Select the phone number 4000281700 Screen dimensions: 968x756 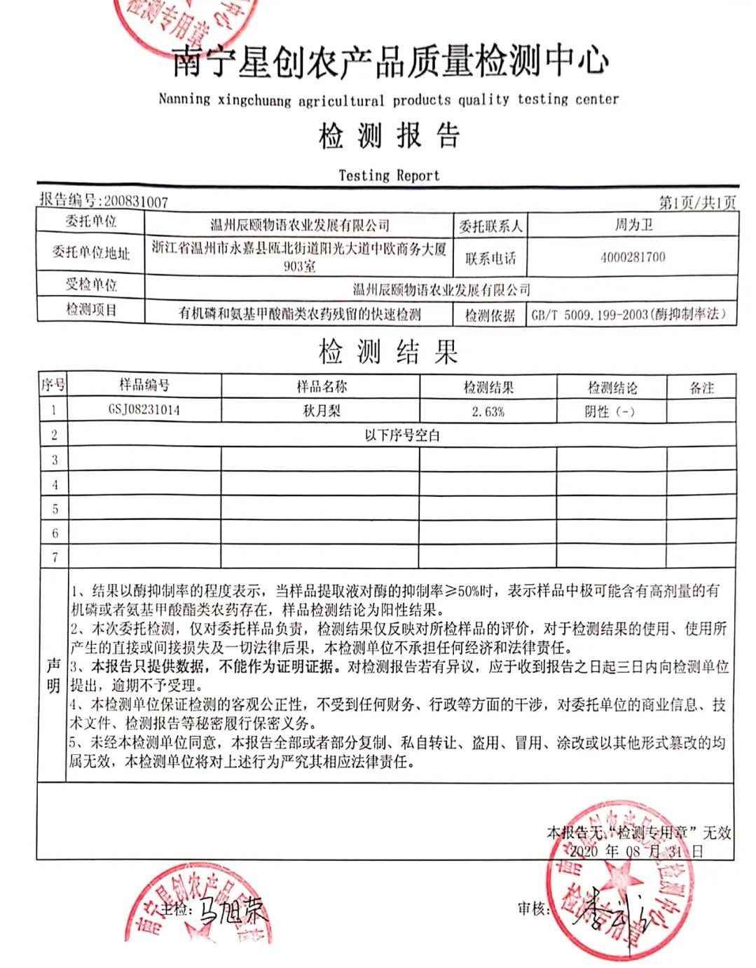coord(633,257)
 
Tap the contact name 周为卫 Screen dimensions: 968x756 coord(633,225)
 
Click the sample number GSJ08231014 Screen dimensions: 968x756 coord(144,410)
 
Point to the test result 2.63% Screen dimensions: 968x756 coord(488,411)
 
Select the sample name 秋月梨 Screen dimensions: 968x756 coord(321,411)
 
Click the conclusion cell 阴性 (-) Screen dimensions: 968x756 coord(610,411)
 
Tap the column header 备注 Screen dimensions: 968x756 coord(701,388)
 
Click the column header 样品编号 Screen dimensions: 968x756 coord(144,385)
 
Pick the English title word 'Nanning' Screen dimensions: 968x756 coord(184,99)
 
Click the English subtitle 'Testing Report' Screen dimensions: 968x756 coord(389,175)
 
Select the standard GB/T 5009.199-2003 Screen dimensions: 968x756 coord(589,315)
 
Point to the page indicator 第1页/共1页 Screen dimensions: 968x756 coord(697,203)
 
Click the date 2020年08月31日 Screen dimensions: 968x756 coord(635,852)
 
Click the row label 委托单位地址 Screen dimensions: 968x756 coord(91,253)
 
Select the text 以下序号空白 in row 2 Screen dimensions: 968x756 coord(401,435)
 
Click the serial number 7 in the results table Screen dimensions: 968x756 coord(55,558)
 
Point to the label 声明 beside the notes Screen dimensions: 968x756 coord(53,676)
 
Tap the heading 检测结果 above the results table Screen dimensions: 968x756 coord(388,352)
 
